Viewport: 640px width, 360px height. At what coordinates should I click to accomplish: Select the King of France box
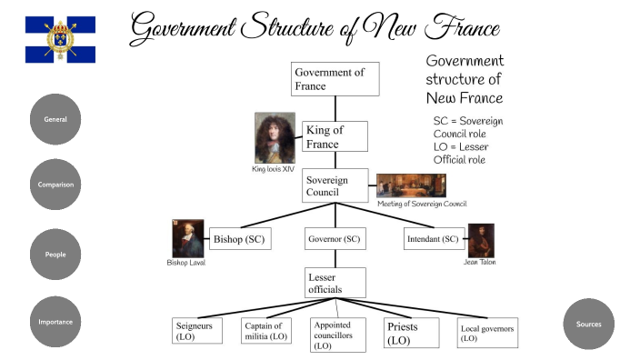pos(335,136)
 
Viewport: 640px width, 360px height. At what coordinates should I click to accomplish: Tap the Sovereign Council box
pos(335,185)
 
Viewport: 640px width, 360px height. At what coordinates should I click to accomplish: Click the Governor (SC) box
pos(335,239)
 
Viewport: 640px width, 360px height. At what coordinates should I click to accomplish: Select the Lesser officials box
pos(335,283)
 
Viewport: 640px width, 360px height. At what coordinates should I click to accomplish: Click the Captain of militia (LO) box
pos(266,331)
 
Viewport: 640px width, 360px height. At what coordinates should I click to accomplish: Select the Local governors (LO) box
pos(487,333)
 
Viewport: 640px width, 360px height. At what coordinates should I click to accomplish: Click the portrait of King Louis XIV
pos(275,137)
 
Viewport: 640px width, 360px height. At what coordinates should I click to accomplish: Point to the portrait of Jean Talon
pos(481,240)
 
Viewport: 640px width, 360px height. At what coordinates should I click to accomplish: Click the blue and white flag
pos(60,39)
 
